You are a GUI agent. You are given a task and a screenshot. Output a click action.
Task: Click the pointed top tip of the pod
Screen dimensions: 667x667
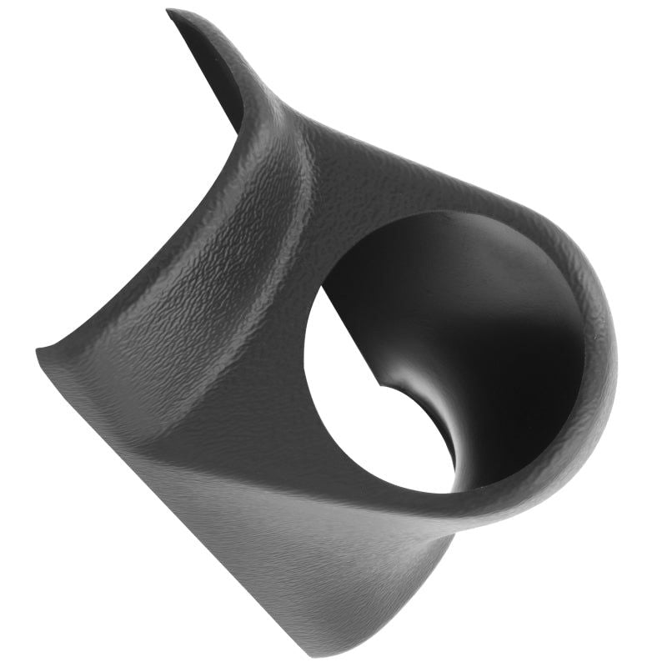(x=170, y=12)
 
